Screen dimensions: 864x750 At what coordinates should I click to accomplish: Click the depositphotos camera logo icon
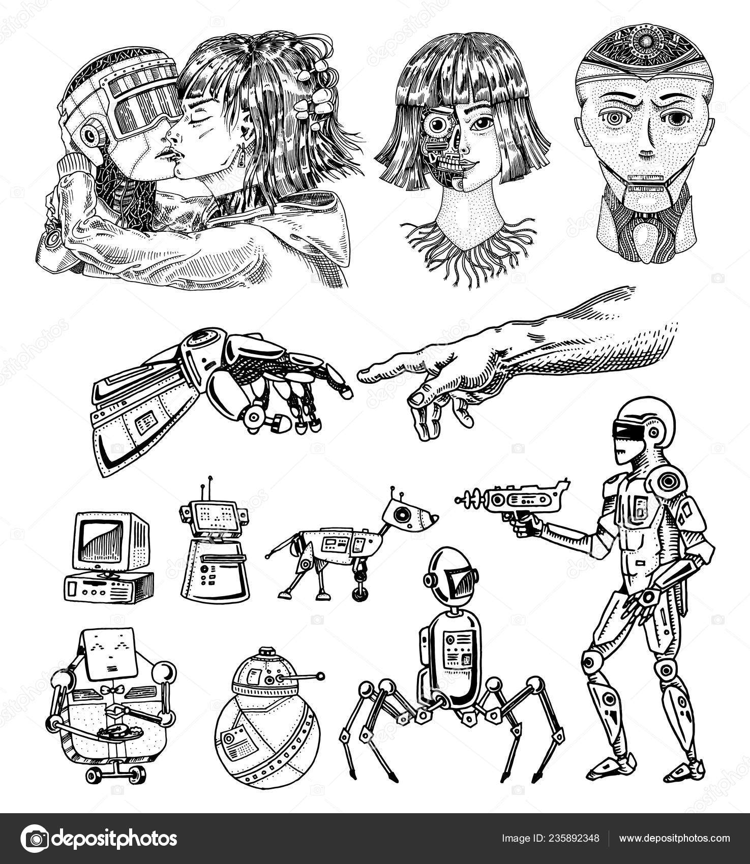[x=35, y=838]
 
